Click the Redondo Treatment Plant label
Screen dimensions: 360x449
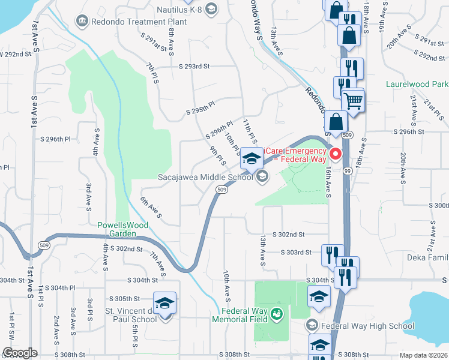(x=131, y=22)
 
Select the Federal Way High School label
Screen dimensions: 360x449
(x=367, y=326)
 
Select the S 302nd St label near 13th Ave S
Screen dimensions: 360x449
(x=289, y=235)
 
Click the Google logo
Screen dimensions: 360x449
(x=19, y=353)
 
